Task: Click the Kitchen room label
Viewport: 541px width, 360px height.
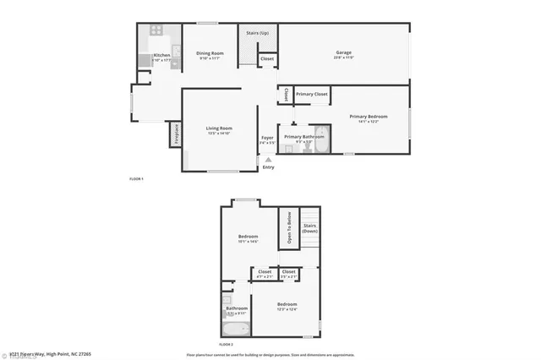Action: tap(161, 55)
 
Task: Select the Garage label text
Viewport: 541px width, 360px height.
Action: tap(343, 52)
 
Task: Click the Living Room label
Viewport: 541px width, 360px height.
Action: tap(219, 128)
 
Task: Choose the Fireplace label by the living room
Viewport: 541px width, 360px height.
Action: tap(177, 135)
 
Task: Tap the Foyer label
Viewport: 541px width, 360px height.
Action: tap(267, 137)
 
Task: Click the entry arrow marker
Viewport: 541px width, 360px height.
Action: tap(269, 159)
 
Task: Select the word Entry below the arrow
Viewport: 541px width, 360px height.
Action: tap(269, 166)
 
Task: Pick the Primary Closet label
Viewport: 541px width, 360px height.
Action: tap(312, 94)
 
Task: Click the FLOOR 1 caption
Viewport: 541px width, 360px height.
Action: tap(136, 179)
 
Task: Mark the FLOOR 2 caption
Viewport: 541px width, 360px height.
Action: tap(226, 345)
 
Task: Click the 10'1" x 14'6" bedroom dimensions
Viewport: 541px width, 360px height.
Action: tap(248, 242)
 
